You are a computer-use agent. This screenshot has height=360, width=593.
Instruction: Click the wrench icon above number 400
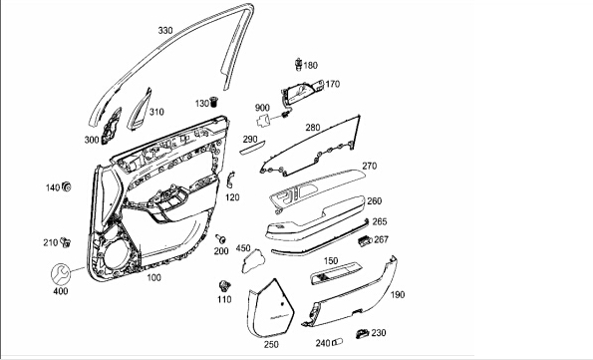(x=61, y=274)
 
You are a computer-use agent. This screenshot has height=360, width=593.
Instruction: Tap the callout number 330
(x=165, y=30)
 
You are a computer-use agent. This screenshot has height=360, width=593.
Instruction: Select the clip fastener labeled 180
(x=298, y=65)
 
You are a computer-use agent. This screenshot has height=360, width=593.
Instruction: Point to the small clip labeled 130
(x=215, y=102)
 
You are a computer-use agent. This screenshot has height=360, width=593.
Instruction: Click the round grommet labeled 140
(x=67, y=186)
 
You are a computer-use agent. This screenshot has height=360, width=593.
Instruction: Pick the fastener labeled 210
(x=66, y=242)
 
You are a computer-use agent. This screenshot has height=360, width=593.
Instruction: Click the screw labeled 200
(x=220, y=238)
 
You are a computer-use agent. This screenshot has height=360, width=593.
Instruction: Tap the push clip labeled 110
(x=225, y=286)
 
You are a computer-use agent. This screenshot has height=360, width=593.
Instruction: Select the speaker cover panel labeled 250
(x=271, y=308)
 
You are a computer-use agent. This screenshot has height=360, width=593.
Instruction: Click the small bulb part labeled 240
(x=337, y=342)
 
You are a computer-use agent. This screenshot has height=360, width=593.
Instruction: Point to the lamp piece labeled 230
(x=363, y=333)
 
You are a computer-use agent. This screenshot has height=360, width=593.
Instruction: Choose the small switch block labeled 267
(x=365, y=240)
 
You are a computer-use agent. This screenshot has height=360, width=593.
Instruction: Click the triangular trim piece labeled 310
(x=140, y=110)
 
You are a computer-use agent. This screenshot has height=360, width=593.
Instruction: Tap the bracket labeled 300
(x=111, y=126)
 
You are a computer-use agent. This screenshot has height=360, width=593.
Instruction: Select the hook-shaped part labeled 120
(x=230, y=180)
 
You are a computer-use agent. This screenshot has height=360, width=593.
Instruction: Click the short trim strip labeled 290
(x=252, y=147)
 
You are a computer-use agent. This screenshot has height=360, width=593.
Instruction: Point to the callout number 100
(x=153, y=277)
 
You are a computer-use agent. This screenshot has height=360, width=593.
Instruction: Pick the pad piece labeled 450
(x=253, y=261)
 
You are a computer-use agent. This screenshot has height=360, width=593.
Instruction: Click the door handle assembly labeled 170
(x=301, y=91)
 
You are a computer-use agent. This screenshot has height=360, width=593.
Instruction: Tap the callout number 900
(x=262, y=108)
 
